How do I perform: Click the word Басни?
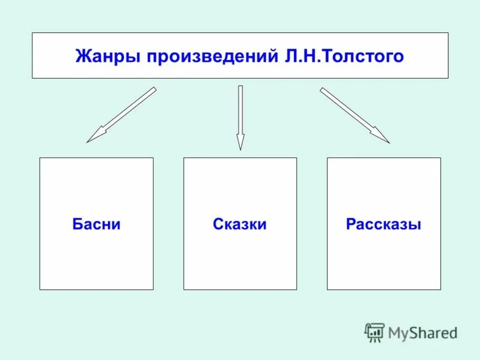[96, 224]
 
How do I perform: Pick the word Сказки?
[239, 224]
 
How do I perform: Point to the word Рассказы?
[383, 224]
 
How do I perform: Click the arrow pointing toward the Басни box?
[122, 115]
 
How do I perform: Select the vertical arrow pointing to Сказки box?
[240, 117]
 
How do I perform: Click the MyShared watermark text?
[422, 332]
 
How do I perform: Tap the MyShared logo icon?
[374, 332]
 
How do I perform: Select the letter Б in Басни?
[76, 224]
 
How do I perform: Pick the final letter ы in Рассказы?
[415, 225]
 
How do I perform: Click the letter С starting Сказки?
[217, 224]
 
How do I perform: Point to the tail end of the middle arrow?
[240, 88]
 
